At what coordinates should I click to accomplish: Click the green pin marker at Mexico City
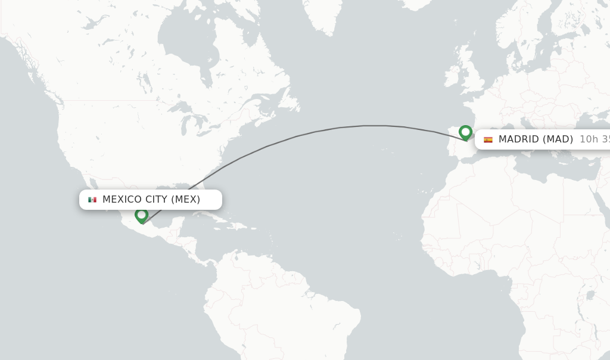tap(141, 215)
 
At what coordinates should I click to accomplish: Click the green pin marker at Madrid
tap(465, 132)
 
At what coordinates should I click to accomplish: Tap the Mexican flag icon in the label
tap(92, 200)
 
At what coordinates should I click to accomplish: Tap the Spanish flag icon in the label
tap(488, 139)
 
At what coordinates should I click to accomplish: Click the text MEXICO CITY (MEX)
tap(151, 200)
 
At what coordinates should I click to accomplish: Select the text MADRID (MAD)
tap(536, 139)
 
